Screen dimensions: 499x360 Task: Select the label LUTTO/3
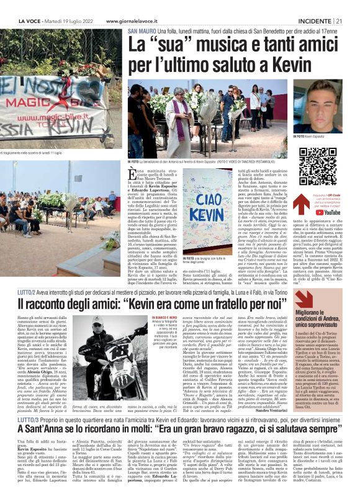point(28,454)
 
